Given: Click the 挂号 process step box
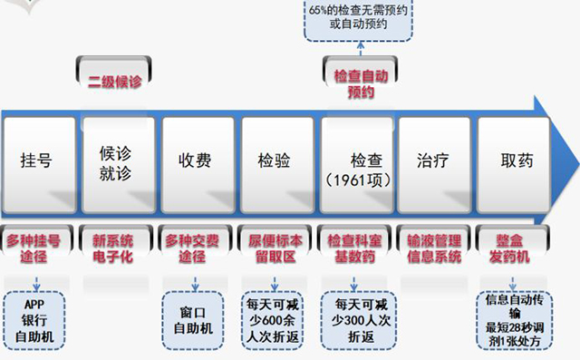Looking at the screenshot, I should point(36,161).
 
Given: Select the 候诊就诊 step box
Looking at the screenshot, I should point(116,161).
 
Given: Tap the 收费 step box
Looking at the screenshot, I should point(195,161).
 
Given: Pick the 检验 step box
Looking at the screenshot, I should point(275,161).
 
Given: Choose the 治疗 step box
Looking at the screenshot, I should point(433,161).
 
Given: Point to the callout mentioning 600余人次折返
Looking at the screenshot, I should point(275,320).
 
